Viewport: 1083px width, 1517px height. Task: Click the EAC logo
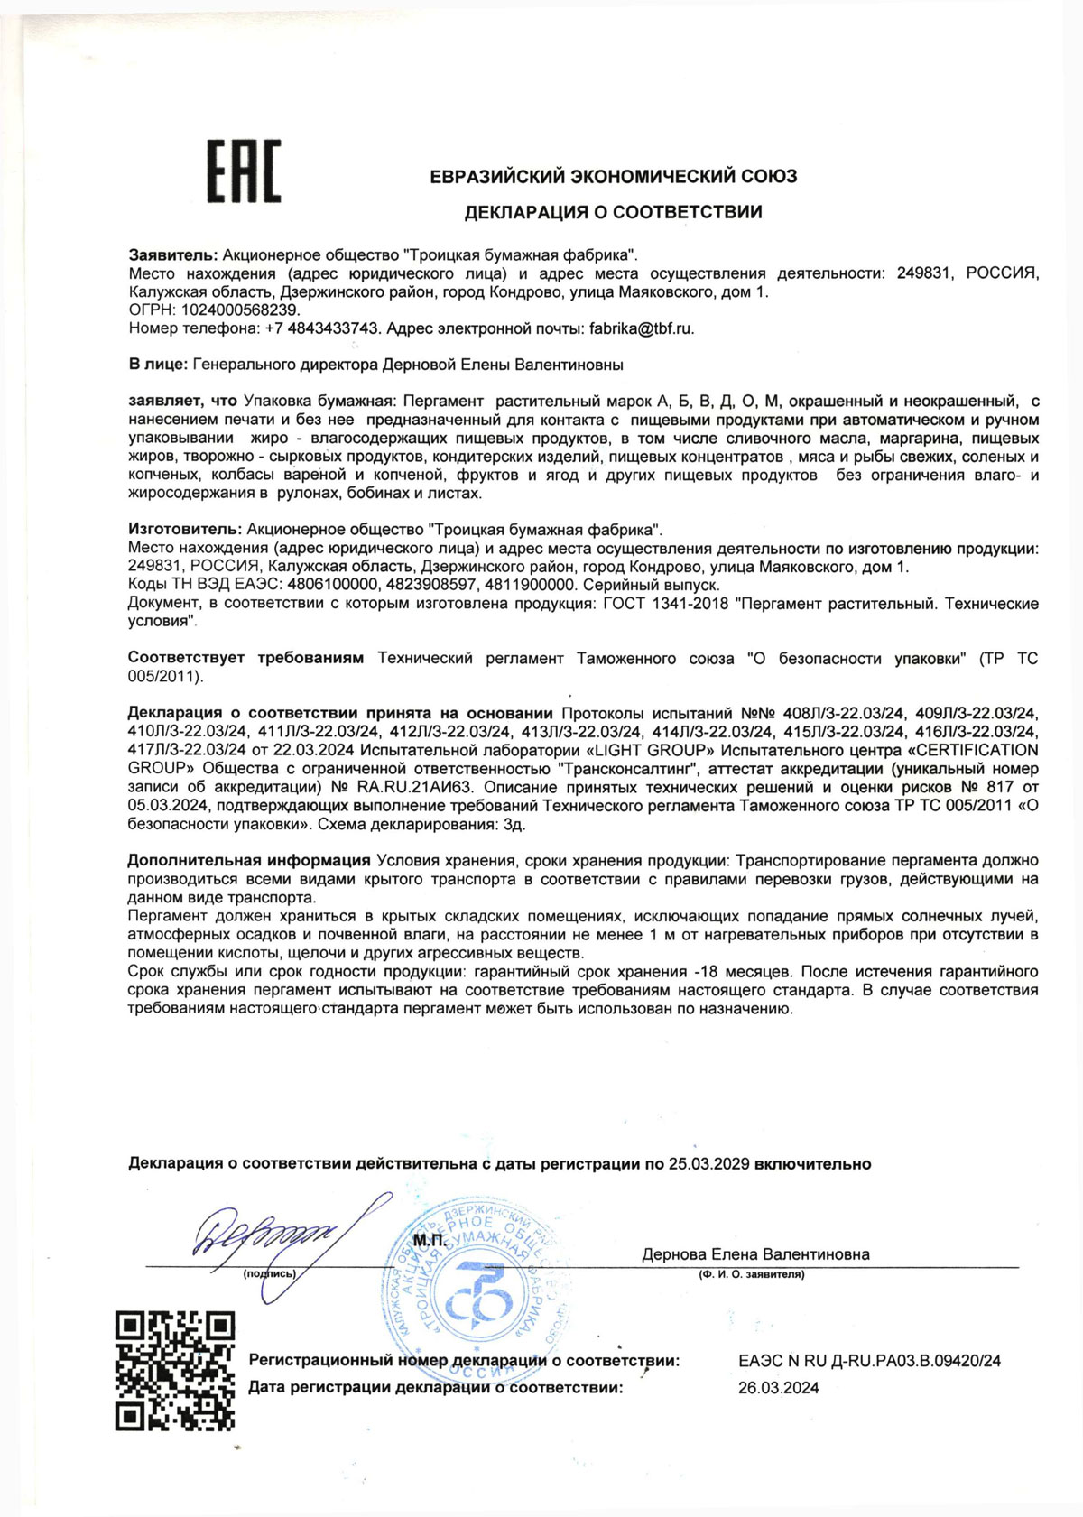(245, 171)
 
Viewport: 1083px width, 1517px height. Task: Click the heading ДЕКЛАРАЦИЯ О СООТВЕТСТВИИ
(613, 213)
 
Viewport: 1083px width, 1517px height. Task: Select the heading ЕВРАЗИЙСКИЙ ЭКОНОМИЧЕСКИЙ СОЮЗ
(613, 177)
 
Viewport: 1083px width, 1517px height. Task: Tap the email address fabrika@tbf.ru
(641, 328)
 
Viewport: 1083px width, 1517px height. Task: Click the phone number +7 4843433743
(321, 328)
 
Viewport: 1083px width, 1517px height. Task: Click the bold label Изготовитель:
(183, 530)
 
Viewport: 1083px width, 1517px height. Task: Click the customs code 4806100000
(326, 585)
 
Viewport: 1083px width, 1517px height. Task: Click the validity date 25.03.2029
(708, 1164)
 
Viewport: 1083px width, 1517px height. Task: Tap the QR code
(175, 1371)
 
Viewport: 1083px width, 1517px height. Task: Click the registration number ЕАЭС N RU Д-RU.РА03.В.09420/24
(868, 1361)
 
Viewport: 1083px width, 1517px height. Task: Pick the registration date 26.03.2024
(778, 1388)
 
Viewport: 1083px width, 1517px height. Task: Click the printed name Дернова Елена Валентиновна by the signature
(755, 1254)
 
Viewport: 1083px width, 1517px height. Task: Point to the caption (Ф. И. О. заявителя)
(751, 1274)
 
